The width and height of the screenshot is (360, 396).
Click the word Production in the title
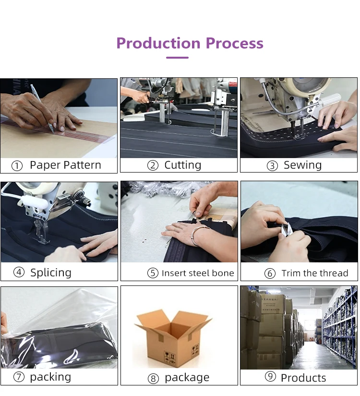coord(158,43)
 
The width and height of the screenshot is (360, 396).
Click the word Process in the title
coord(235,43)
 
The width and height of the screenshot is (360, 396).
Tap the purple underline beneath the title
coord(177,58)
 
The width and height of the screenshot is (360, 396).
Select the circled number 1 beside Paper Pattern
coord(17,166)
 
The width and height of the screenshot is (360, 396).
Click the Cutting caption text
coord(183,165)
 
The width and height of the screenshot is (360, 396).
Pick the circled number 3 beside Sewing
coord(272,166)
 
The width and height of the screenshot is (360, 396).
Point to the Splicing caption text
coord(51,273)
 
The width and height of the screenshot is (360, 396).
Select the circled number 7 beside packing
coord(19,377)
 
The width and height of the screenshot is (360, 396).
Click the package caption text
coord(187,378)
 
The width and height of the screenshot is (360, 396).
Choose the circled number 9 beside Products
coord(270,376)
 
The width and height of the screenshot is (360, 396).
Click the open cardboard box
coord(174,338)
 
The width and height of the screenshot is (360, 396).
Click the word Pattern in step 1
coord(83,165)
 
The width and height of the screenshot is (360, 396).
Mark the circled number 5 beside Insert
coord(153,273)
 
